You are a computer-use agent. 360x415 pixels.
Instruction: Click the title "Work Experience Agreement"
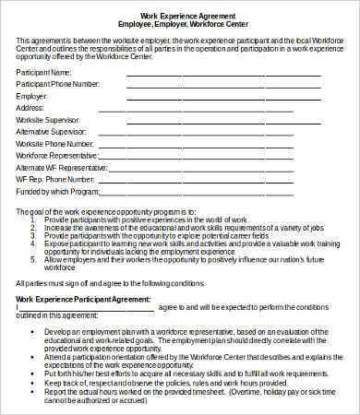[x=189, y=16]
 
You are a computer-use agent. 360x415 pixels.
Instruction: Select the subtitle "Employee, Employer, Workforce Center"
[x=189, y=24]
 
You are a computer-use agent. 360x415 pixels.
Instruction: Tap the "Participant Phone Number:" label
[x=57, y=83]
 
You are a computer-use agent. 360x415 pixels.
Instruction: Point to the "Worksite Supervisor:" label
[x=49, y=119]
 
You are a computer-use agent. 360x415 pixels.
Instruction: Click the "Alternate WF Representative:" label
[x=62, y=168]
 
